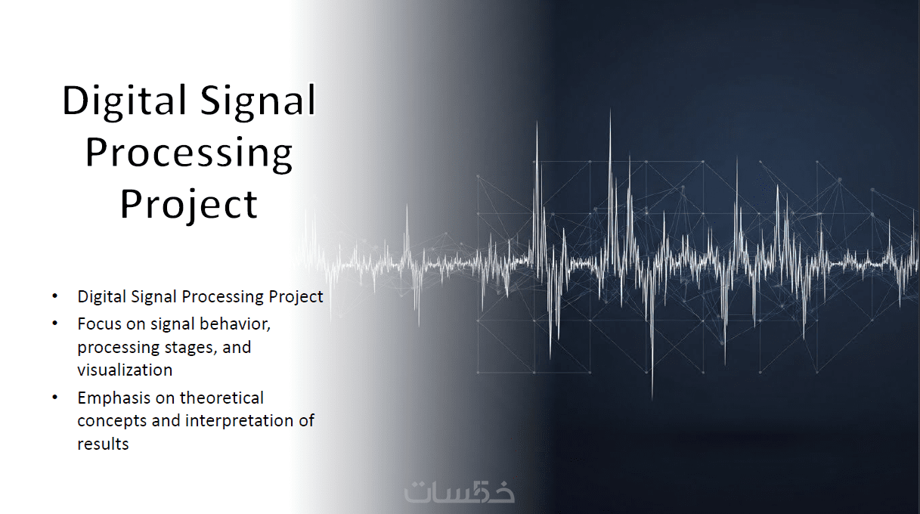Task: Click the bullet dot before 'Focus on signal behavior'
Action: coord(55,323)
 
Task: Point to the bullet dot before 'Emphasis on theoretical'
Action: coord(55,397)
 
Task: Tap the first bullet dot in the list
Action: coord(55,296)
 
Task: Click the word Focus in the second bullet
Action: coord(100,324)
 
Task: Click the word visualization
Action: coord(125,370)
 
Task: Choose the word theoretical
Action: coord(221,398)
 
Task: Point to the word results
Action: coord(103,444)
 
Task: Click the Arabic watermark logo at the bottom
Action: coord(459,491)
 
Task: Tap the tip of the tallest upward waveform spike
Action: coord(610,109)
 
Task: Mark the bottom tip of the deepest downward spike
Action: coord(652,399)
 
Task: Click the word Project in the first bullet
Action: coord(296,297)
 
